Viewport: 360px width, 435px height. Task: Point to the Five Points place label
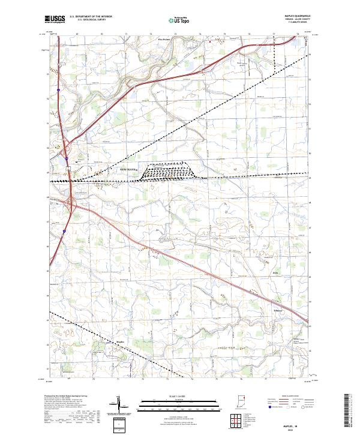pyautogui.click(x=163, y=40)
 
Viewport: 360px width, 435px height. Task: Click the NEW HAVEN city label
pyautogui.click(x=129, y=170)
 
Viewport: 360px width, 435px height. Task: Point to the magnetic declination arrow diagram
pyautogui.click(x=119, y=405)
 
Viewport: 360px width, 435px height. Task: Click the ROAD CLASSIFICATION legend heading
pyautogui.click(x=284, y=397)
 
